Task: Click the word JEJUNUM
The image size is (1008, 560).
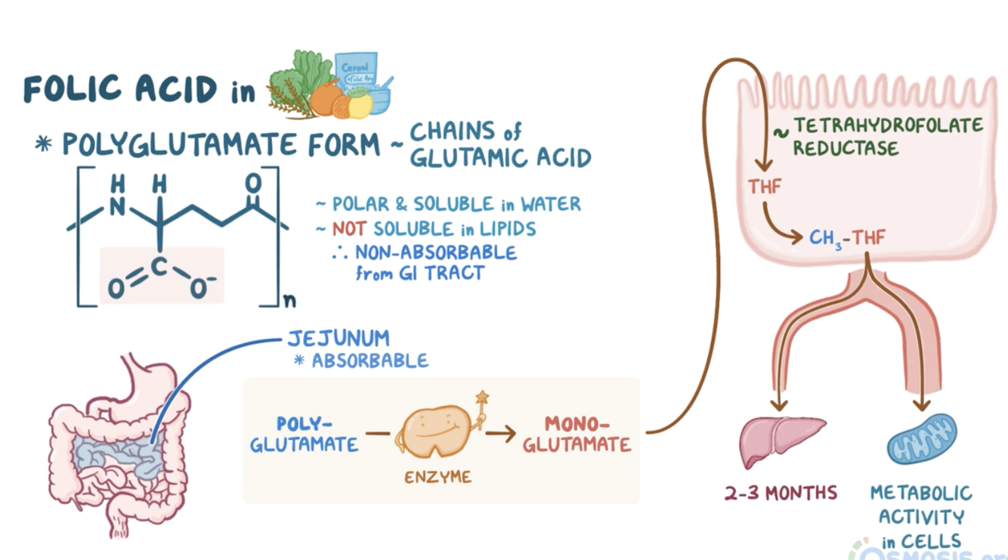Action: (339, 338)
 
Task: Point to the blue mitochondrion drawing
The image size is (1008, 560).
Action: (922, 439)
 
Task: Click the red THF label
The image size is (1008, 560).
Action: (765, 186)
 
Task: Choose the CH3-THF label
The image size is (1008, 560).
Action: (847, 238)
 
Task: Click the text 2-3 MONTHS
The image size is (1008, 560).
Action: (781, 493)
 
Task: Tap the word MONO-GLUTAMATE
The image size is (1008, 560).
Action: (577, 434)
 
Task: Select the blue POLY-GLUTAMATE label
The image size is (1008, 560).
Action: (305, 434)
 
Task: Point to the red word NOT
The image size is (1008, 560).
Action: (350, 228)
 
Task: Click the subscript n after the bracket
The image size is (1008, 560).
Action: (289, 302)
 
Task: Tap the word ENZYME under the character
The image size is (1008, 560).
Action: (438, 477)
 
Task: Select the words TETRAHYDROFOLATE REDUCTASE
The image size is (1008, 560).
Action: (888, 136)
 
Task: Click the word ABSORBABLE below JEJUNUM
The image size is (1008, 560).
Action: (369, 360)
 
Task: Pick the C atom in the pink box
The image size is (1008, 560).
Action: (159, 266)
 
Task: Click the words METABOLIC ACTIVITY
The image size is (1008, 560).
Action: (921, 505)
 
